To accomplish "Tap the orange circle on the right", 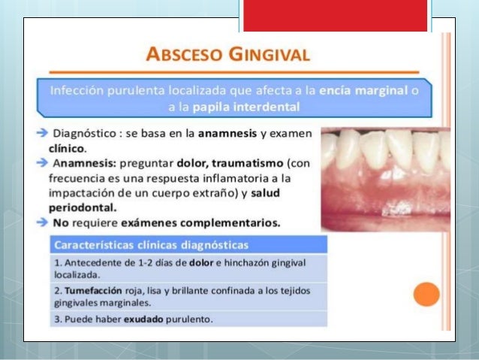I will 426,293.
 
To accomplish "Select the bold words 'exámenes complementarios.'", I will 208,222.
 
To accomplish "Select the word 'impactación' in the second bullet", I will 80,193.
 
